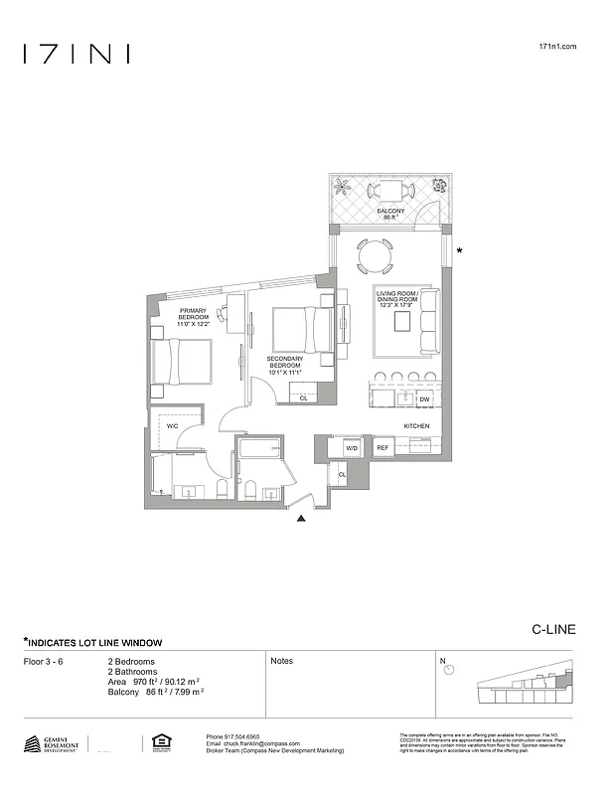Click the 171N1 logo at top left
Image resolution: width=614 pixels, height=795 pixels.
(x=76, y=54)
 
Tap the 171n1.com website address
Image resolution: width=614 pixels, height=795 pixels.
(x=556, y=47)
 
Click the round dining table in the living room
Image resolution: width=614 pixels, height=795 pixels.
(x=375, y=256)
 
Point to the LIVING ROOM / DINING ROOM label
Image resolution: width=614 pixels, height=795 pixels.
(x=395, y=299)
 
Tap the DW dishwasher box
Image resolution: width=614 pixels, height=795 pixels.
(x=424, y=399)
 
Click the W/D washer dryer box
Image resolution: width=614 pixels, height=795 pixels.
(x=351, y=448)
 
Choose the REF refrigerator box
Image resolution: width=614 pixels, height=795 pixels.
(x=382, y=448)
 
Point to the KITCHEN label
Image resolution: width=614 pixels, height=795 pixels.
(x=416, y=425)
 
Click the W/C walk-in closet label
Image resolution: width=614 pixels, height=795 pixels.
(x=172, y=426)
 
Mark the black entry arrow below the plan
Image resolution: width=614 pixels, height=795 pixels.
(x=301, y=518)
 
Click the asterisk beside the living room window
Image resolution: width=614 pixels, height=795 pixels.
(x=458, y=252)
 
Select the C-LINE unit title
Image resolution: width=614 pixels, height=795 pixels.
(x=553, y=629)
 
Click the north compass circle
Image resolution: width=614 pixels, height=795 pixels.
(x=449, y=670)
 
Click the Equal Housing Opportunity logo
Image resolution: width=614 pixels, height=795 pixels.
(x=158, y=742)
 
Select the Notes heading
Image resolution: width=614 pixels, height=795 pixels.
(x=281, y=661)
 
